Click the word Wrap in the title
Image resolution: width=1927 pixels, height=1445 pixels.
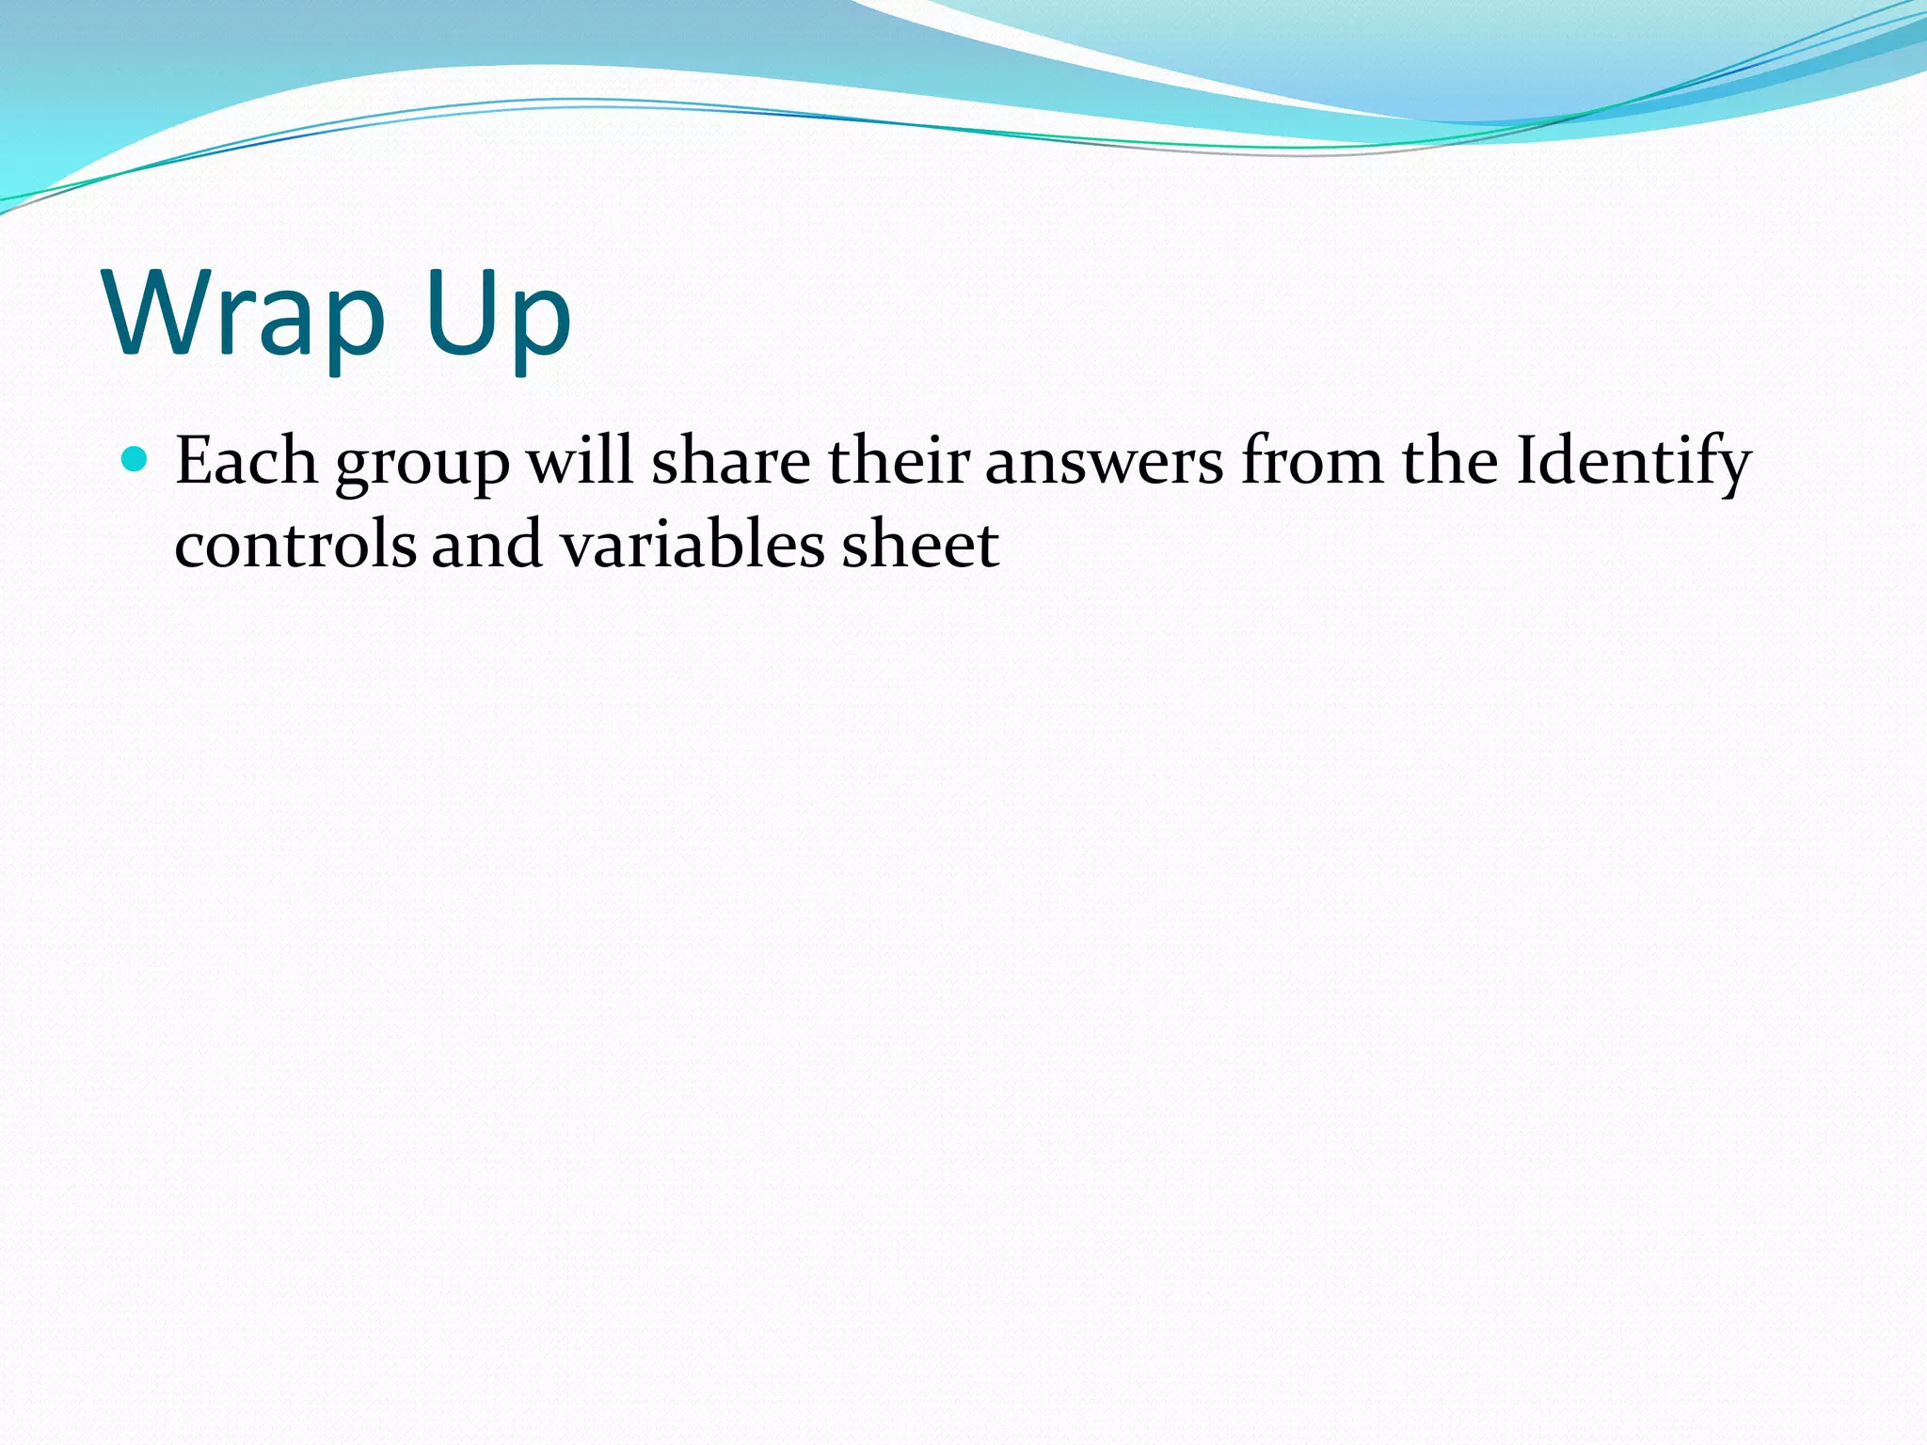[x=245, y=315]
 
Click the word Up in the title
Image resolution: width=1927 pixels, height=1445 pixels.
[x=498, y=315]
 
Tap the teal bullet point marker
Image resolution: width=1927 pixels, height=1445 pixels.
[x=135, y=459]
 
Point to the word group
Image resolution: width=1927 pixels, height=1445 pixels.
[x=422, y=466]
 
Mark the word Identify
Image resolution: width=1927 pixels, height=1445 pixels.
[x=1633, y=463]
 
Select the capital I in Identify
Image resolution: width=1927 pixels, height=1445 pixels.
[x=1527, y=460]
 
